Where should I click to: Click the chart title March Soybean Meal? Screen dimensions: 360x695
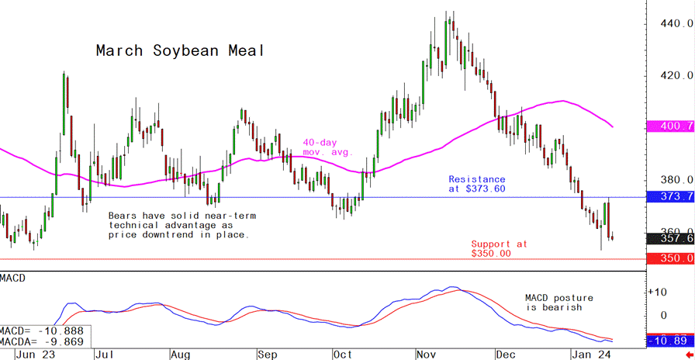(180, 51)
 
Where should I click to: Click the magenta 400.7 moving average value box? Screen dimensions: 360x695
(670, 126)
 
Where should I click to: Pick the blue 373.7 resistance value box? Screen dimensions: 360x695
(670, 198)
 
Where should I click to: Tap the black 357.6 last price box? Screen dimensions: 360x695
(670, 239)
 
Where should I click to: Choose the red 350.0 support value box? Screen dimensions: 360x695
(670, 259)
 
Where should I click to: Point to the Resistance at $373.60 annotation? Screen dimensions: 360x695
(477, 184)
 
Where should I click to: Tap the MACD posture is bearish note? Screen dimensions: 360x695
(559, 303)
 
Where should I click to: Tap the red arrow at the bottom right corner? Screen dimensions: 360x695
(690, 354)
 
